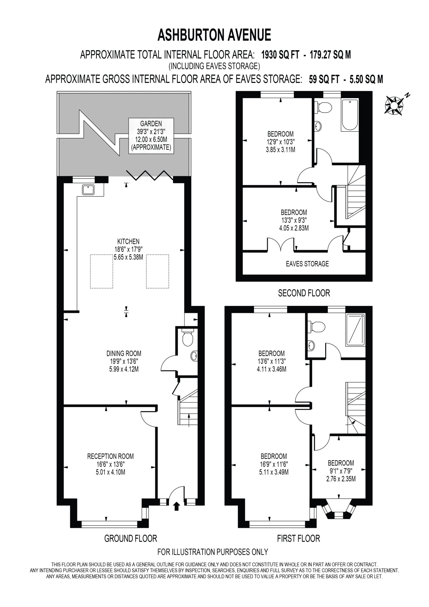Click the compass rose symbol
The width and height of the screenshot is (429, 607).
(x=394, y=105)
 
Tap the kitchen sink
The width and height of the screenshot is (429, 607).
(x=88, y=189)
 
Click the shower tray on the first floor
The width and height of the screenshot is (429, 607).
(x=356, y=330)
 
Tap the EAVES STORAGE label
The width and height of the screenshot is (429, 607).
(x=307, y=264)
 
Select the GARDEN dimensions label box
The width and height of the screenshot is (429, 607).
(x=151, y=136)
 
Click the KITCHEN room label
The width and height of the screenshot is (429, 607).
(x=128, y=241)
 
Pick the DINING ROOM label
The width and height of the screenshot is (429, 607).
(x=124, y=353)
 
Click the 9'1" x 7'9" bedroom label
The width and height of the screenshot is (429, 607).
(x=341, y=471)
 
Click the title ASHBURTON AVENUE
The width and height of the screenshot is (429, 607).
(x=214, y=35)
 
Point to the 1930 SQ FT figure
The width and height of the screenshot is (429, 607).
(x=280, y=55)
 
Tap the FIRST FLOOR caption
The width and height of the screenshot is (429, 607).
(x=298, y=538)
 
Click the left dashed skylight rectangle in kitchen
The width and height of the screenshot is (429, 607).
(x=101, y=271)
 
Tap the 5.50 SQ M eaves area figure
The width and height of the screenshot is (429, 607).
(x=366, y=79)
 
